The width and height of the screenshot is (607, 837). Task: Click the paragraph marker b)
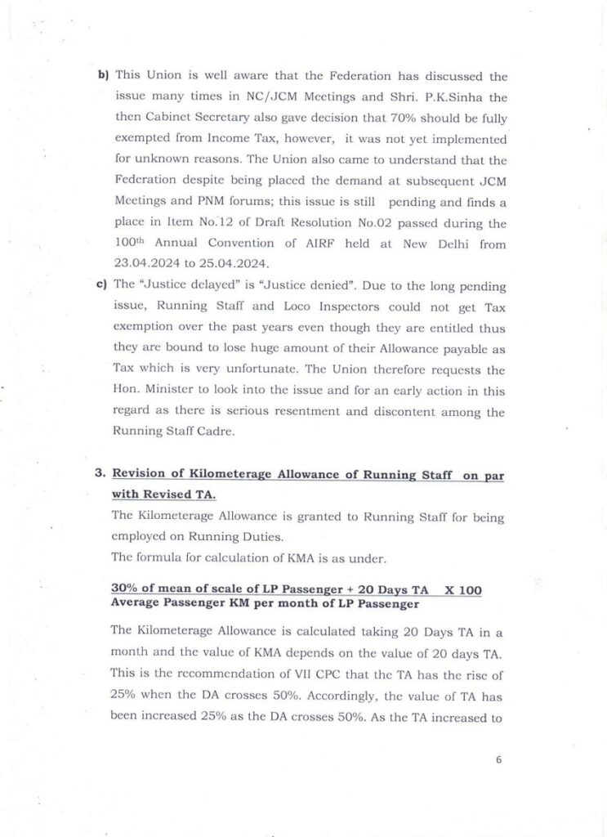[x=103, y=76]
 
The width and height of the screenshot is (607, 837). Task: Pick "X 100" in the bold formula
[x=462, y=589]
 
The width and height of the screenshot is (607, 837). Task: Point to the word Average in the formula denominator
[x=135, y=604]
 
